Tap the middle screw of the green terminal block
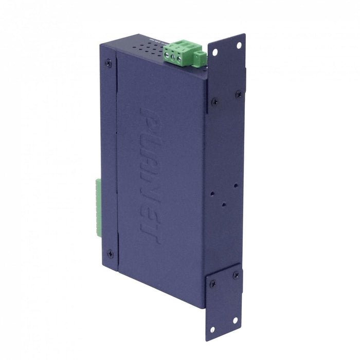tap(173, 58)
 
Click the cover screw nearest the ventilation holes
tap(108, 63)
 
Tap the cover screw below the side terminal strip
tap(110, 254)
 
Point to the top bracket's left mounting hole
tap(214, 52)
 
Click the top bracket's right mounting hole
tap(238, 45)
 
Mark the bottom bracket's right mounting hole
tap(235, 319)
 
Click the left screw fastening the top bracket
tap(214, 101)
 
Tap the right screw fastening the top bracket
tap(238, 94)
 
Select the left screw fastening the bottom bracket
tap(212, 283)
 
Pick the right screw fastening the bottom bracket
tap(236, 275)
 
